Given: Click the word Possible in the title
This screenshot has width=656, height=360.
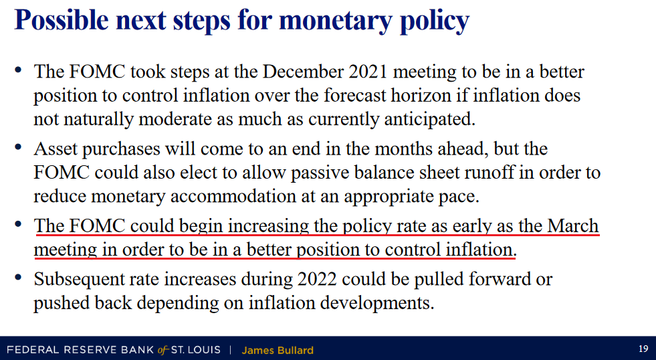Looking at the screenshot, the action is point(62,21).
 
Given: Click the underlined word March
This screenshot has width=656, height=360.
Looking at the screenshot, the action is point(573,226).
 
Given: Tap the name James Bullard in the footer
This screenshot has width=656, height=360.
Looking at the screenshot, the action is point(278,350).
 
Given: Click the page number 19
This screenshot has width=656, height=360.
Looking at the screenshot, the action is point(643,349).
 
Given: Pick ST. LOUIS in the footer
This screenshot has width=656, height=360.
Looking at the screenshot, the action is point(195,349).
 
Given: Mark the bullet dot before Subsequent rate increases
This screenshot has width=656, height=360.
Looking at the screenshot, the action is point(18,277).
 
